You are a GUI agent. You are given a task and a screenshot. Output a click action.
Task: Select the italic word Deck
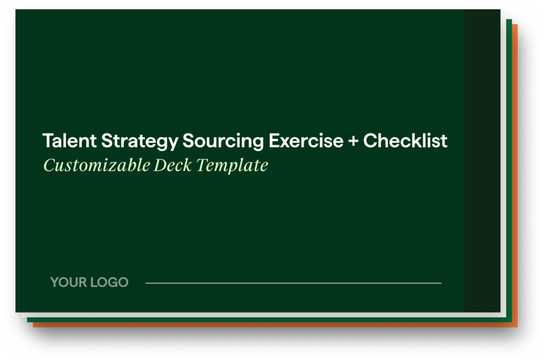point(172,165)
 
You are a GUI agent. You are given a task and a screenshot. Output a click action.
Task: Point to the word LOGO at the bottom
point(110,282)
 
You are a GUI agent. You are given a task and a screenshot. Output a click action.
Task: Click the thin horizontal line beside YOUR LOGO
point(293,283)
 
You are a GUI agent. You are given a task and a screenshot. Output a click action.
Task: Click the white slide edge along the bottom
point(260,315)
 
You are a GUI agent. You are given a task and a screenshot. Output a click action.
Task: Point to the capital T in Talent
point(47,141)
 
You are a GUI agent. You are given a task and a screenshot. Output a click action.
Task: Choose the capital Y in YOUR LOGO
point(55,282)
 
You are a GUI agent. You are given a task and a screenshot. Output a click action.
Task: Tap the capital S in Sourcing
point(188,141)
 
